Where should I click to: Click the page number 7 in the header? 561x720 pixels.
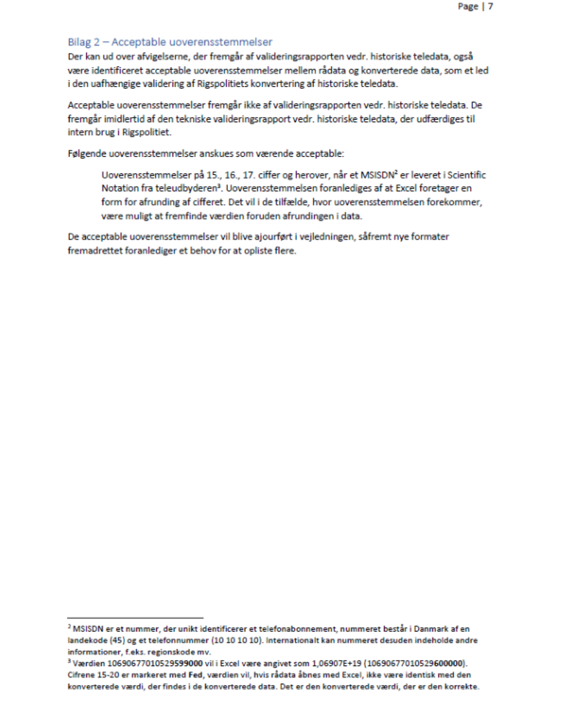click(x=490, y=6)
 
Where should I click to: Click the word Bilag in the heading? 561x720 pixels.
click(x=79, y=42)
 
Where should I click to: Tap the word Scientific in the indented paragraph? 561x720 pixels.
click(x=466, y=175)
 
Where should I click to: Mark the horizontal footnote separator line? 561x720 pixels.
click(x=135, y=618)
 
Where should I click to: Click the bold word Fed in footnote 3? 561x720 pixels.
click(x=195, y=675)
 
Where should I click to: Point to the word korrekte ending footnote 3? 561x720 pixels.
click(x=462, y=686)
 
